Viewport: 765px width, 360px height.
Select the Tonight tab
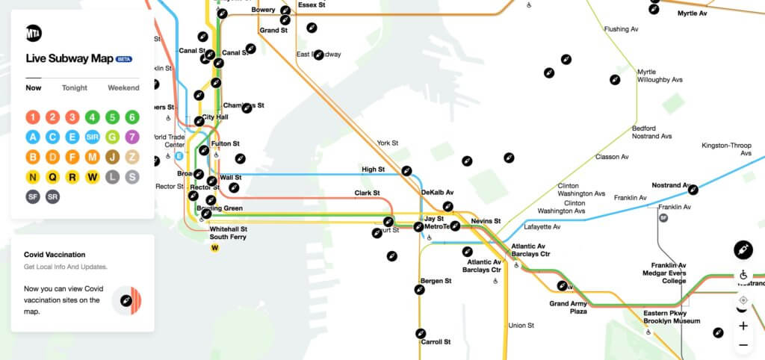point(75,87)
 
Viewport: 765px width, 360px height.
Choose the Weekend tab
point(123,87)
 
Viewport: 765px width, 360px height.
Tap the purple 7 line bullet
point(131,137)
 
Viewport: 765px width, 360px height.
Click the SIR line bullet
point(92,137)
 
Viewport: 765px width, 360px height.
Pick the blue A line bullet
point(33,137)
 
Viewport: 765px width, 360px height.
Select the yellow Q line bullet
point(52,177)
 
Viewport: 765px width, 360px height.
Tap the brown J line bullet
point(112,157)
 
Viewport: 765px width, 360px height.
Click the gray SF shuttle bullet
point(33,197)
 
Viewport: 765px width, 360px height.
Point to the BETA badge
point(124,59)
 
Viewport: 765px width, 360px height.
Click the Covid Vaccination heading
point(55,254)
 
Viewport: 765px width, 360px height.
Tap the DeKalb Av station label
point(437,192)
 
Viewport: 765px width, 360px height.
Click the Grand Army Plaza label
point(569,307)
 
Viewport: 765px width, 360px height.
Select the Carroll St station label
point(436,341)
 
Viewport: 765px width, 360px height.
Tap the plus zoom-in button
point(743,326)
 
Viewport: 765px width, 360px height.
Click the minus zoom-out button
point(743,345)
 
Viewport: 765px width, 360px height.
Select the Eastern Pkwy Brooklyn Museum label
point(672,317)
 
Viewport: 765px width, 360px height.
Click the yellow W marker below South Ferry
point(215,248)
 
